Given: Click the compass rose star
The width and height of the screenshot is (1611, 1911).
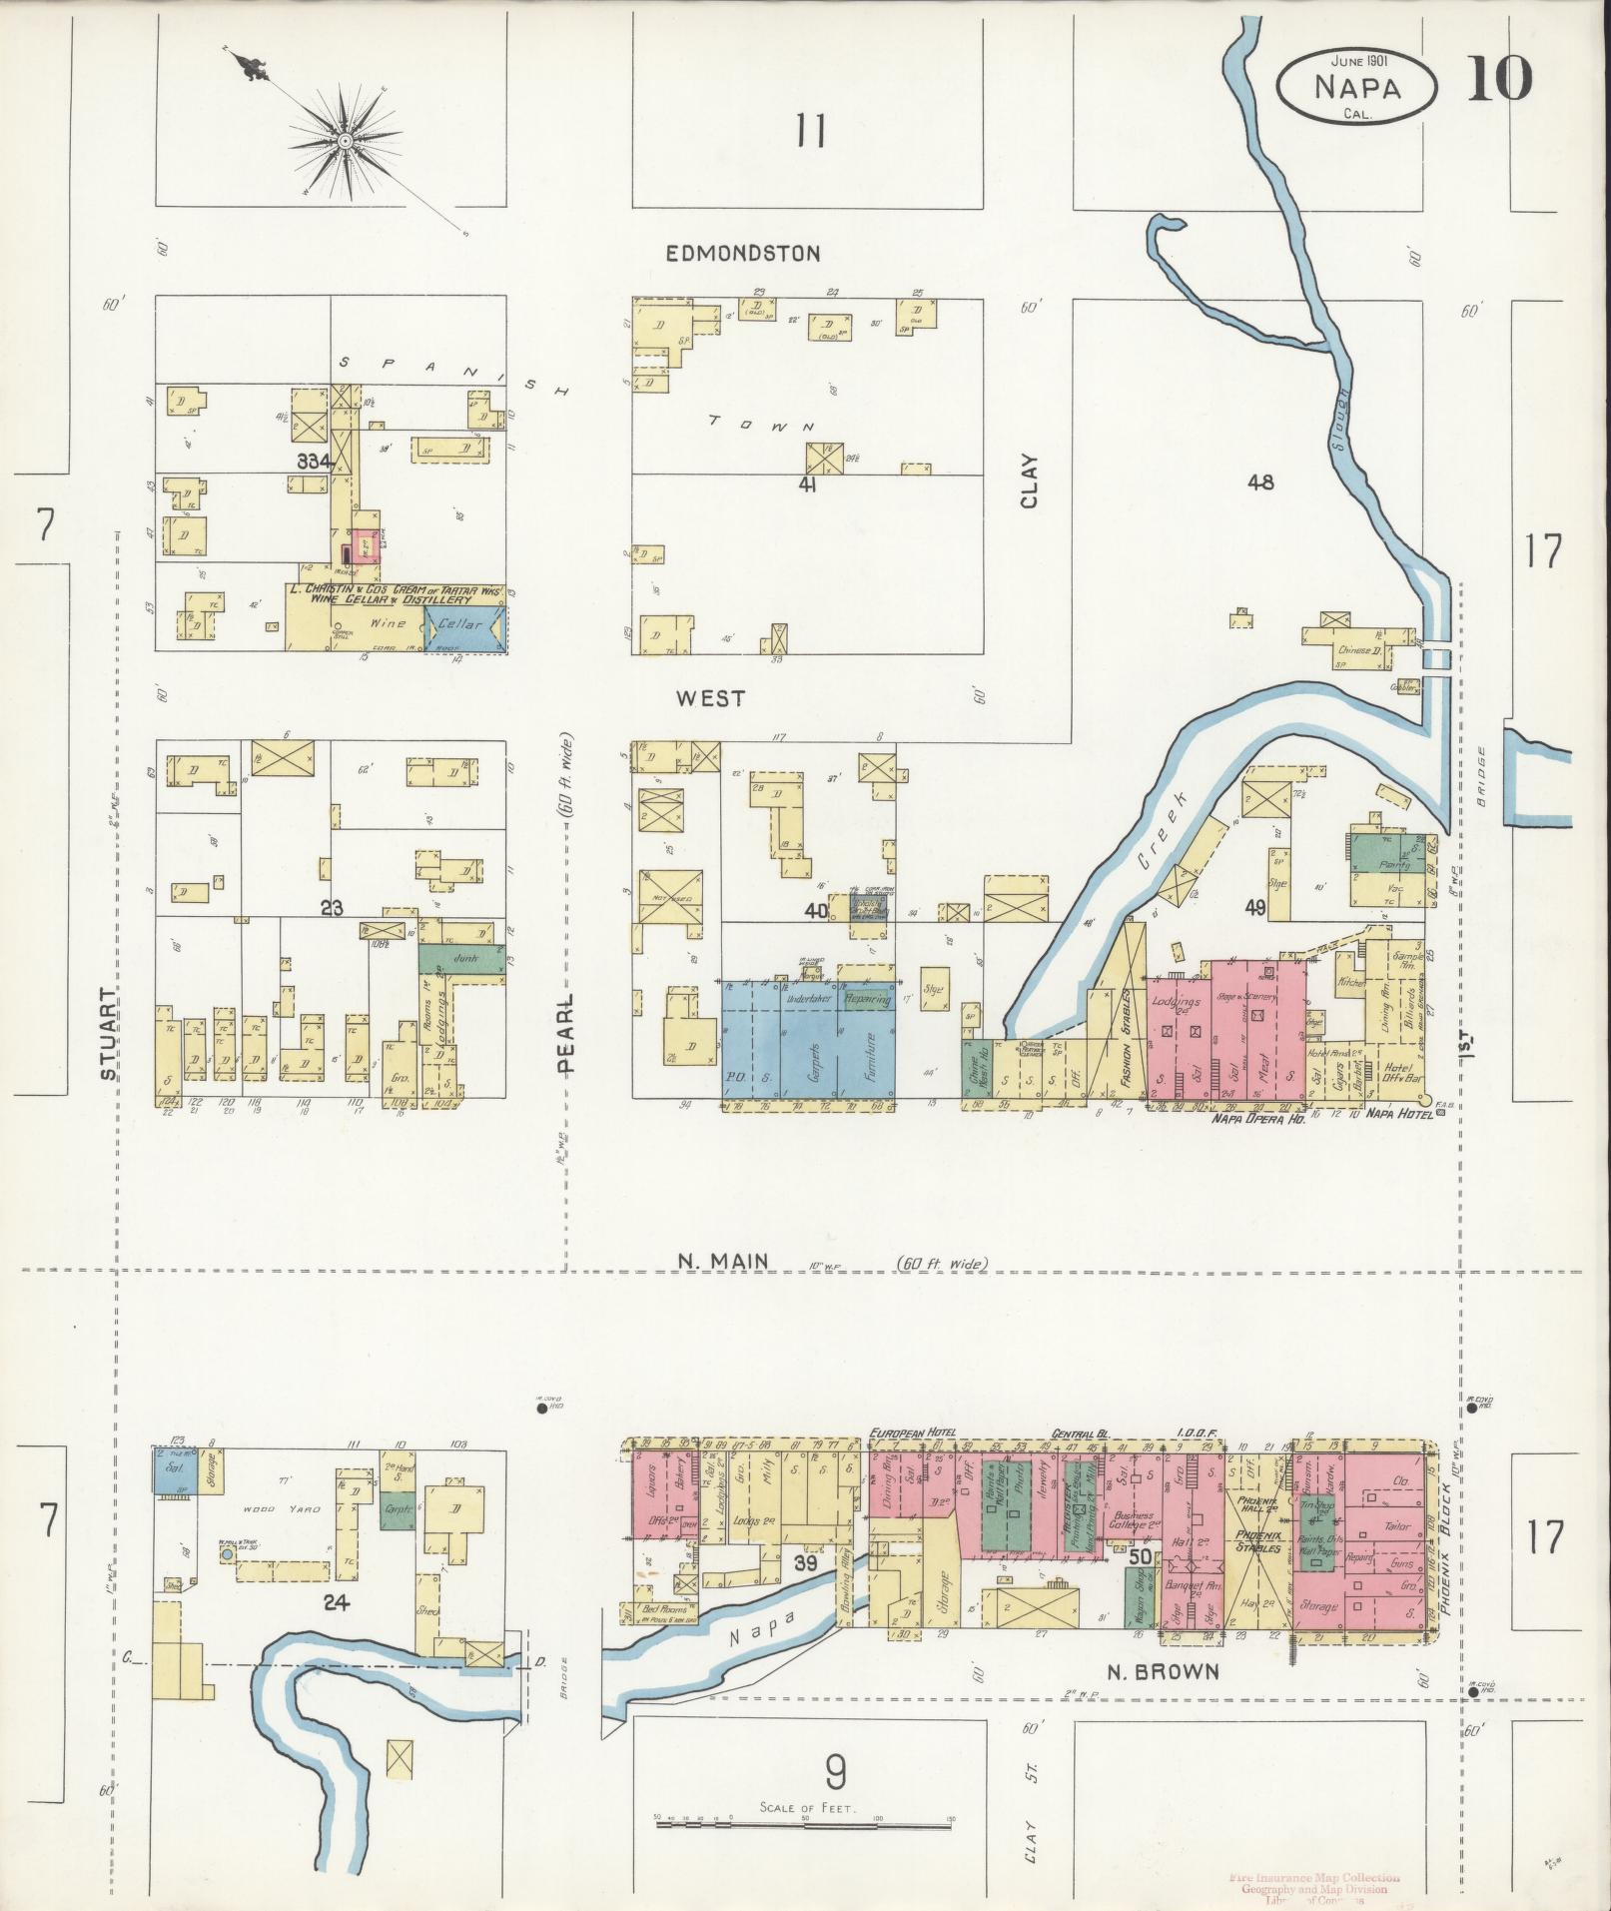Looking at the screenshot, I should pos(345,141).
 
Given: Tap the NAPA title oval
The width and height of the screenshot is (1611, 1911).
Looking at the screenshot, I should pos(1356,87).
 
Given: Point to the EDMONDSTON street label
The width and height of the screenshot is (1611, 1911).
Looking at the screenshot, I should pos(743,254).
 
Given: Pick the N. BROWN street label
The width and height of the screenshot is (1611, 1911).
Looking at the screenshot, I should pos(1164,1671).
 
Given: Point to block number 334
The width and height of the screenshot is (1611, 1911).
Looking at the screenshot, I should pos(314,462).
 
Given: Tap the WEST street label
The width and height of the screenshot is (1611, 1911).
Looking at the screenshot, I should pos(710,698).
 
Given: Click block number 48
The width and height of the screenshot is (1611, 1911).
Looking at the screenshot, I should pos(1261,482).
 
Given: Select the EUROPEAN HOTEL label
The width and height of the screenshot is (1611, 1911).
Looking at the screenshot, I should pos(912,1433).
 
